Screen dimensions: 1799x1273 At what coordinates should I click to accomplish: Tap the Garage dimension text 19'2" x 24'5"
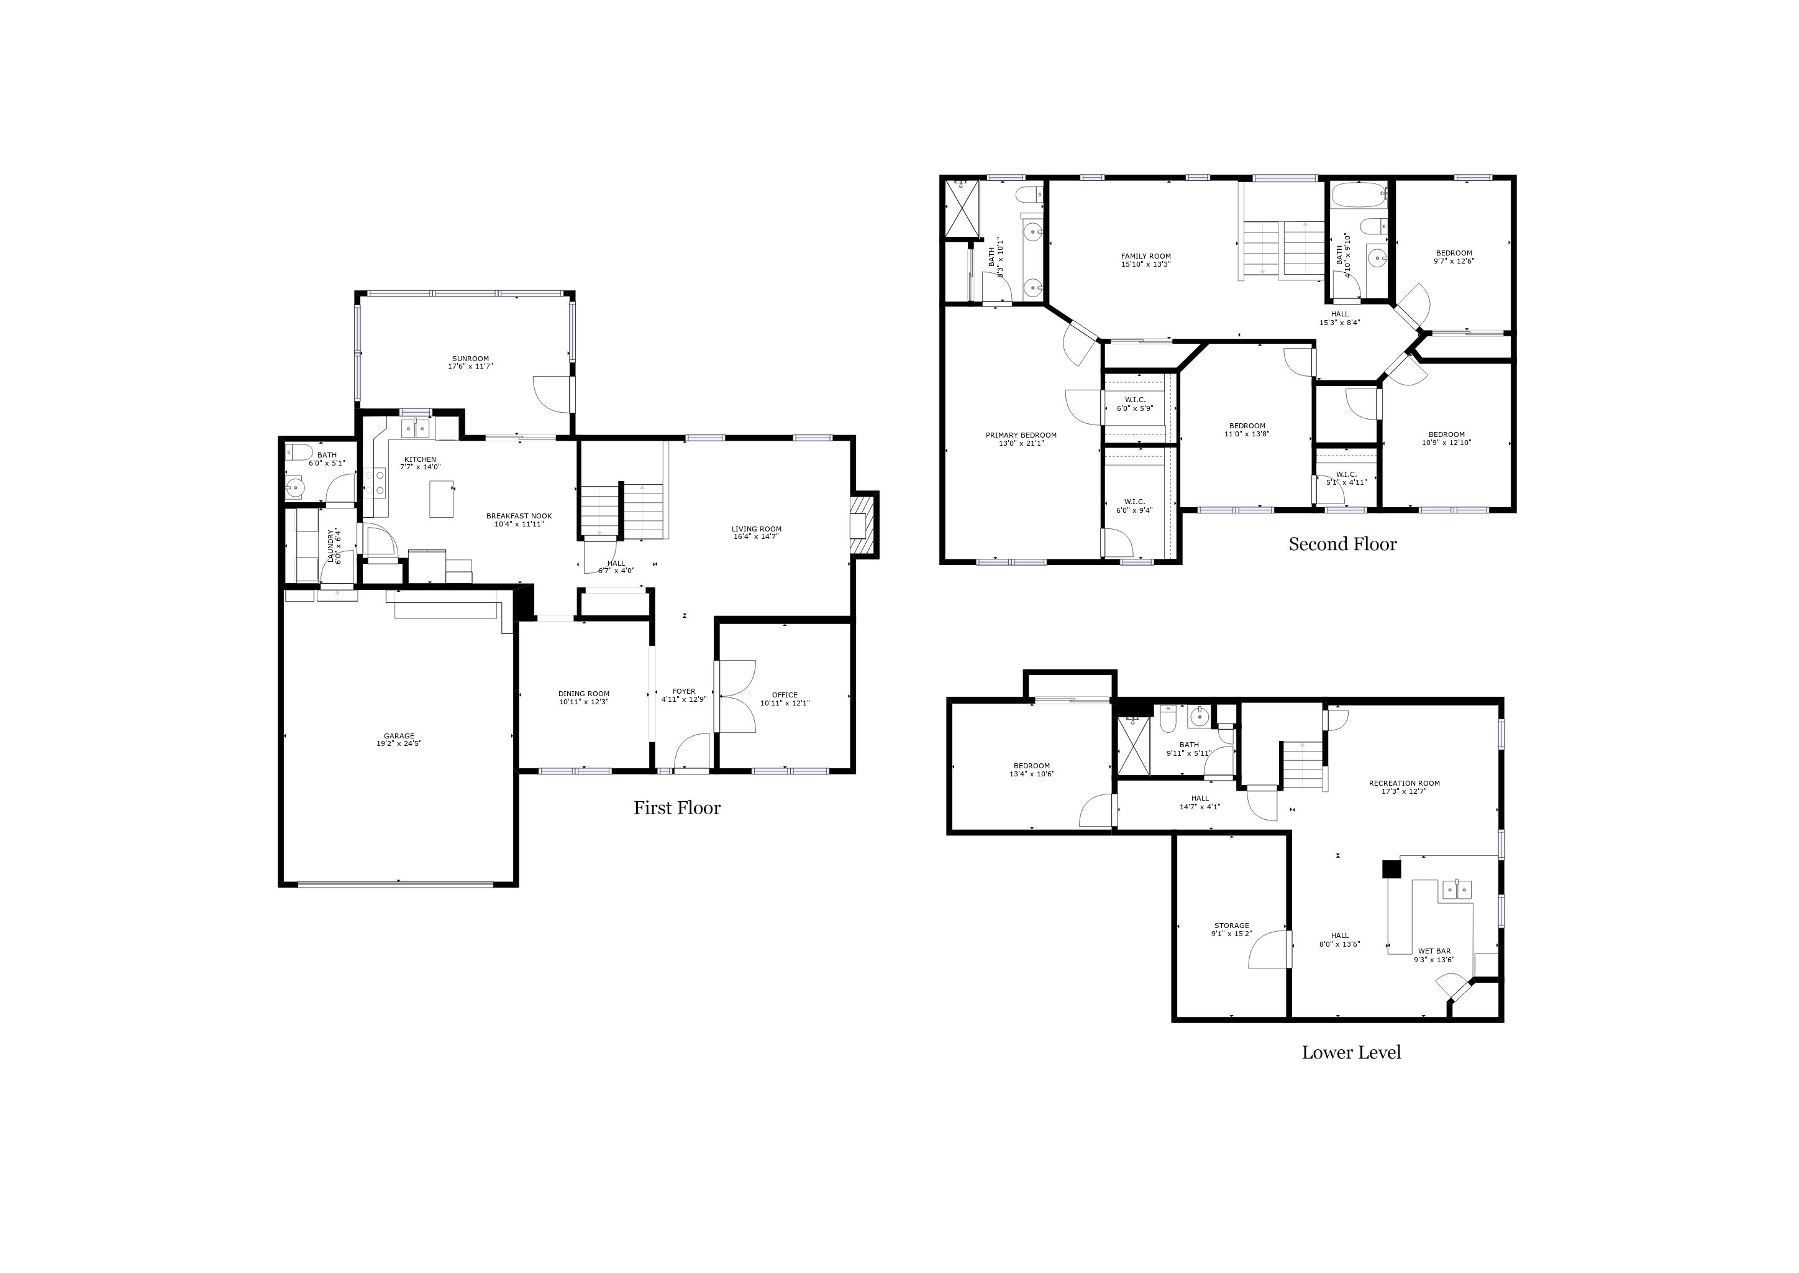(x=399, y=744)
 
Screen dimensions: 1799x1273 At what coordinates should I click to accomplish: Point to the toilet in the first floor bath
(x=298, y=453)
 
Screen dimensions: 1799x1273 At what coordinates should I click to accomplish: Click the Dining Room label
(x=584, y=694)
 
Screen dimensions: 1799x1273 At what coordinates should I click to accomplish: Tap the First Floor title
(x=677, y=808)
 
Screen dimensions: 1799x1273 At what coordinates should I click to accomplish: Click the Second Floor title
(x=1342, y=544)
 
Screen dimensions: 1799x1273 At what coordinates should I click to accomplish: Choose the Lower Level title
(x=1351, y=1053)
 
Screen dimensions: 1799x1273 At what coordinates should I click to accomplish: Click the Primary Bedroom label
(x=1021, y=435)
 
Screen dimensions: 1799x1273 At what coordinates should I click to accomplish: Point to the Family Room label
(x=1145, y=256)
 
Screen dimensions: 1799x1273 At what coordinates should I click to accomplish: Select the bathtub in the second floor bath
(x=1359, y=195)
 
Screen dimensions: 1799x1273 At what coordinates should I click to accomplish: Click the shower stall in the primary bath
(x=963, y=208)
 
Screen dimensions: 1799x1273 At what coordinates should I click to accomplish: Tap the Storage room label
(x=1232, y=926)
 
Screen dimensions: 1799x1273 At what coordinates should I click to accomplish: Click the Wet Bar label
(x=1434, y=952)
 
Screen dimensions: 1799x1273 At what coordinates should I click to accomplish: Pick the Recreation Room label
(x=1404, y=783)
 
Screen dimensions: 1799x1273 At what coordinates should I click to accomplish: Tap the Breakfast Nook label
(x=519, y=516)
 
